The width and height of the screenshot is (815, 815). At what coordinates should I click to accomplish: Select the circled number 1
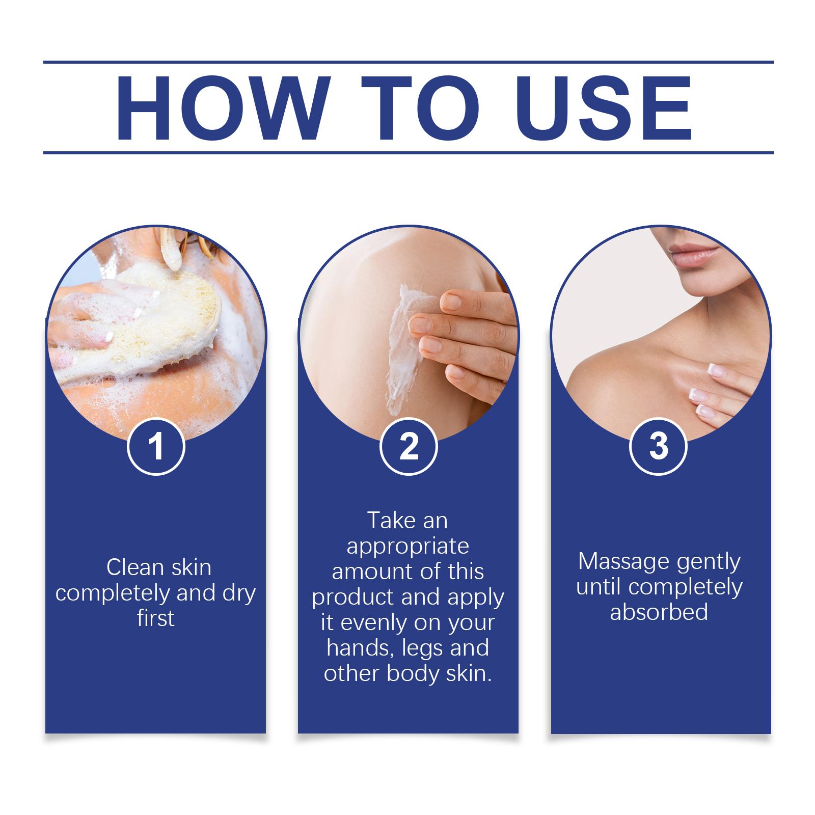click(156, 446)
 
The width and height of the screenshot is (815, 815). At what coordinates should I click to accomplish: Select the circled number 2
click(409, 446)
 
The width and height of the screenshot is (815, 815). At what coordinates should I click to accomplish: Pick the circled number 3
click(659, 446)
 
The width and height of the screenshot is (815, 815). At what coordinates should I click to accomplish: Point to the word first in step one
click(156, 618)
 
